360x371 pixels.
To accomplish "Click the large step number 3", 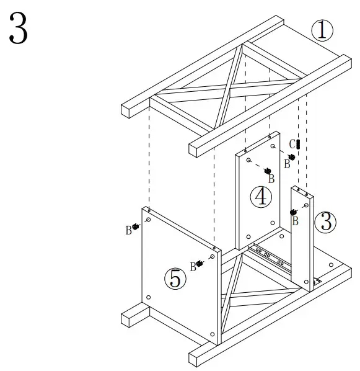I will click(x=18, y=30).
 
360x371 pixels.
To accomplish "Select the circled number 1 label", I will click(x=322, y=30).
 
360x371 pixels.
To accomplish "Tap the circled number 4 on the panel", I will click(x=261, y=197).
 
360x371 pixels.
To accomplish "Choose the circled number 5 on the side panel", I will click(x=175, y=279).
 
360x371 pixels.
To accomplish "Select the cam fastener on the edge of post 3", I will click(x=293, y=212).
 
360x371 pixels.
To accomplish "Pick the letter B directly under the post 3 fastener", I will click(x=296, y=220).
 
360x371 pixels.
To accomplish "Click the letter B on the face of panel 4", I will click(x=271, y=179).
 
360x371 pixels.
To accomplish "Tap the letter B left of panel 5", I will click(x=128, y=230).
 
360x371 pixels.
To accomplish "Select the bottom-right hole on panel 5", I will click(x=213, y=334).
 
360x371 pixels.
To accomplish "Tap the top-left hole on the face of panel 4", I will click(x=248, y=160).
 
